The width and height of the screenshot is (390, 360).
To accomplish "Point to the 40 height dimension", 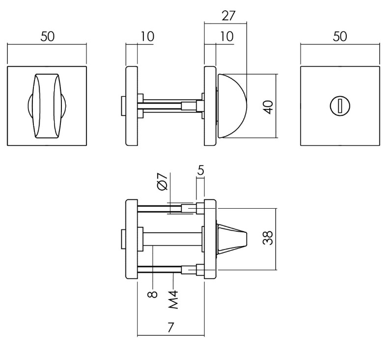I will (267, 106).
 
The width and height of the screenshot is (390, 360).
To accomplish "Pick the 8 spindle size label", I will (153, 294).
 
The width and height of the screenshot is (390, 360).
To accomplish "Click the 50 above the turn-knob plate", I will (47, 37).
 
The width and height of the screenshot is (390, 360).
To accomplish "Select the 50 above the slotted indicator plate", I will (339, 37).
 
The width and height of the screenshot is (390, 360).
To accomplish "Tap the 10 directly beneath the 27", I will (226, 37).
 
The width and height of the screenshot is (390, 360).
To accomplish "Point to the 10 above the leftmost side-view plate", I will (146, 37).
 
